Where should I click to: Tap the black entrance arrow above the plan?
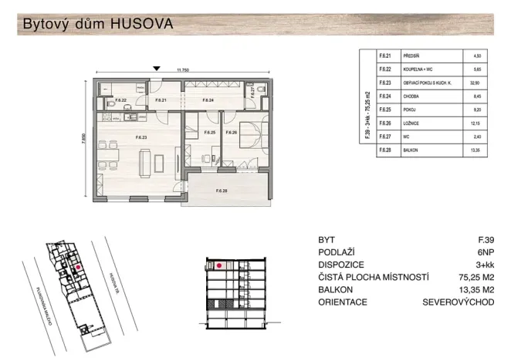[x=157, y=69]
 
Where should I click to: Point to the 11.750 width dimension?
[x=183, y=70]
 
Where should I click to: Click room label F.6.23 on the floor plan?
[x=141, y=137]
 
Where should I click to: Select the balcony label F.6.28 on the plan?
[x=222, y=190]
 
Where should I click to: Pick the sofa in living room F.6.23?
[x=143, y=163]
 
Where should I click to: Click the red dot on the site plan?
[x=78, y=268]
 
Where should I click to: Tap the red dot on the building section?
[x=220, y=265]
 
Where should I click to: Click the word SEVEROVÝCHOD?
[x=459, y=302]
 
